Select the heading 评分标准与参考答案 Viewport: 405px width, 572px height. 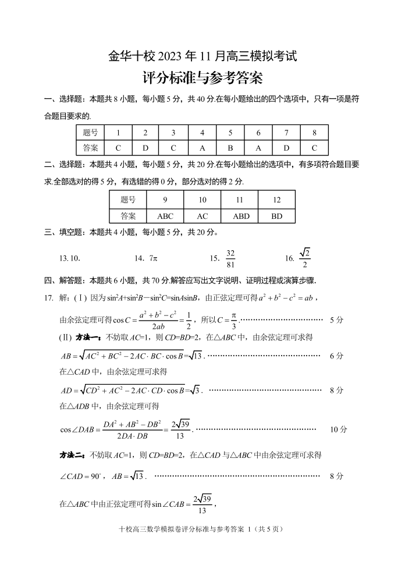202,78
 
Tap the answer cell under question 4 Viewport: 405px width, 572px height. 202,148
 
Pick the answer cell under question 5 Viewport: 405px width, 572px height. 230,148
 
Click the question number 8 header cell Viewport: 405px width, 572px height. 314,133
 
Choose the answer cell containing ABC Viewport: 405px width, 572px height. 165,216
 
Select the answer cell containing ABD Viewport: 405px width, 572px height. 240,216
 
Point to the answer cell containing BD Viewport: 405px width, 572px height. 276,216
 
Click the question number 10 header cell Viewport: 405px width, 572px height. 202,200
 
